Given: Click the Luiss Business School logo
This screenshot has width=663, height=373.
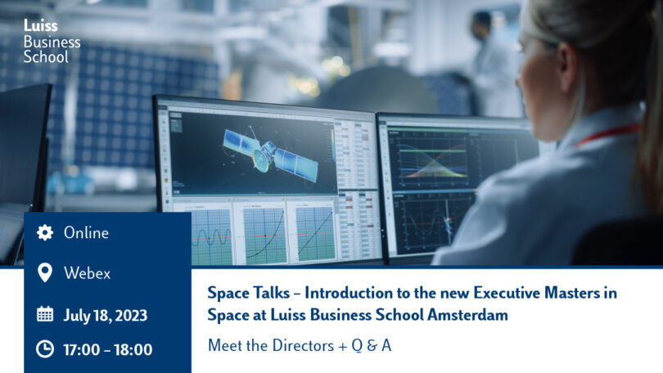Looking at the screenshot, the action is point(52,41).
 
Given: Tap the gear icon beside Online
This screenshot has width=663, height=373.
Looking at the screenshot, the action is point(45,232).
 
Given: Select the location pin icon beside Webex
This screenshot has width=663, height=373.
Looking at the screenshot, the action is point(45,272).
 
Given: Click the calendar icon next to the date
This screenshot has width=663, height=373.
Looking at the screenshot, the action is point(45,314).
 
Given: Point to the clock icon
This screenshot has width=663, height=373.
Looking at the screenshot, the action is point(45,349).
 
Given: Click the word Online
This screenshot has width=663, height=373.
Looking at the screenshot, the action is point(86,233).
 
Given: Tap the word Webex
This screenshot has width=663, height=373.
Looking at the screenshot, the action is point(87,273).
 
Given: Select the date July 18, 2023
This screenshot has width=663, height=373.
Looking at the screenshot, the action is point(106,316).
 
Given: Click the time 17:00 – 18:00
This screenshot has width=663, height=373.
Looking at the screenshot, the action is point(108,350).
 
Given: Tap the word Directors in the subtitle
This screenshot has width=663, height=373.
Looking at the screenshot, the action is point(303,345).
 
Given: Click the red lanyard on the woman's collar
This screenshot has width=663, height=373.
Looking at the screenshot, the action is point(608,133).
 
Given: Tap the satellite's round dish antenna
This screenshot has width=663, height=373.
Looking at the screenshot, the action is point(260,160).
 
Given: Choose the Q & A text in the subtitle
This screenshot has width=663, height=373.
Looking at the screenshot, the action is point(372,346).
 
